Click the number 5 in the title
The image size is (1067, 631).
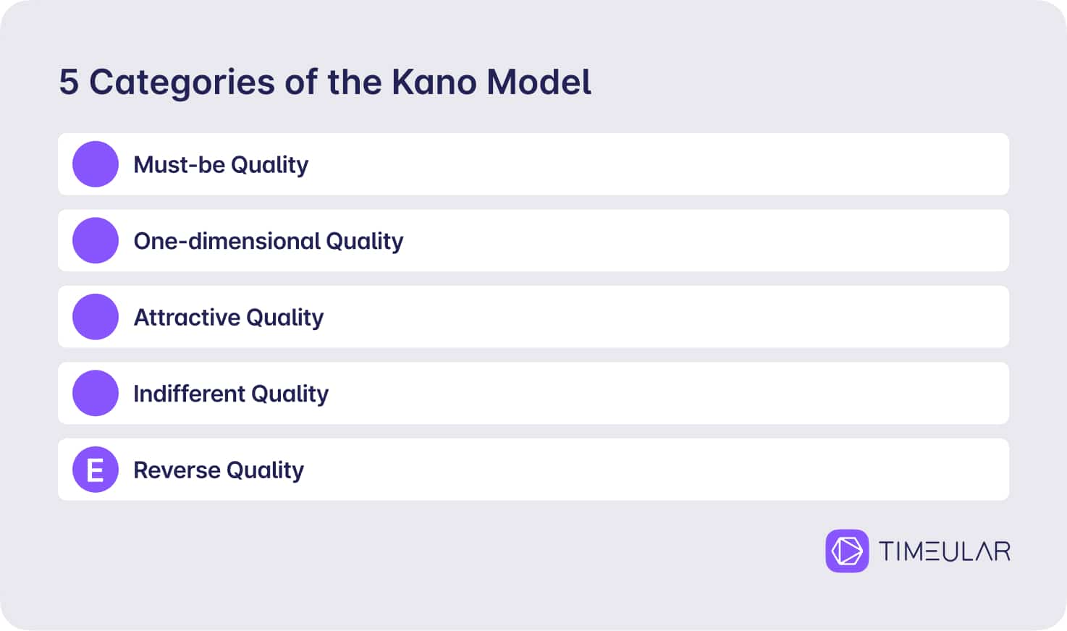pos(69,82)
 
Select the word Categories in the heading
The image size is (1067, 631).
pos(182,83)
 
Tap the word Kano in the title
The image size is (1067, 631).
pos(434,82)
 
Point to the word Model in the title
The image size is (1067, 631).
pos(539,82)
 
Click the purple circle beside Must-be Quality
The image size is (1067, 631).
pos(96,164)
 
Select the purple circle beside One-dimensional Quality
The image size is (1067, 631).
pos(96,240)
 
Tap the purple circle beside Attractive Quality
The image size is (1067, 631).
pos(96,317)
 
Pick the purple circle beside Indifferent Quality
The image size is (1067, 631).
pos(96,393)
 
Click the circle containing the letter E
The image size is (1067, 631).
pos(96,469)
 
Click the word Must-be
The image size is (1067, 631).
pos(179,165)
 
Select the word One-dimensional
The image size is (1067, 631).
pos(227,241)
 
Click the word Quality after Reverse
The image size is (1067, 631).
pos(265,471)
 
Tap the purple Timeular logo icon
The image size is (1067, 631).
pos(847,551)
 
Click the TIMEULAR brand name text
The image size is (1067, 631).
pos(945,551)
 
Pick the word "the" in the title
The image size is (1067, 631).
pos(355,82)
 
